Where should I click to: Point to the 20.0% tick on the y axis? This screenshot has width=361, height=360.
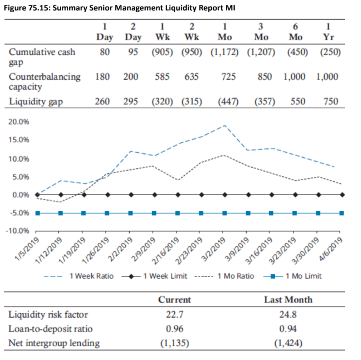tap(19, 121)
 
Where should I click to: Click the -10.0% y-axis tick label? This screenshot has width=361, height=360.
tap(18, 230)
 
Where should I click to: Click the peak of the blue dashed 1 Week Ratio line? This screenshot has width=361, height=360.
tap(225, 125)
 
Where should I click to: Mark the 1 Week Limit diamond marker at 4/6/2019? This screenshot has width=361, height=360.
tap(342, 195)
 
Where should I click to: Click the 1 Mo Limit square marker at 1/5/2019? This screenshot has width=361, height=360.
tap(37, 213)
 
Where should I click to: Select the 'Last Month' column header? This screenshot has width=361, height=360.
tap(288, 300)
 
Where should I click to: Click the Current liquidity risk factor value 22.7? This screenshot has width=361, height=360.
tap(175, 315)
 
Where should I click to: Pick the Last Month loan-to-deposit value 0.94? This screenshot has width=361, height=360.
tap(288, 329)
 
